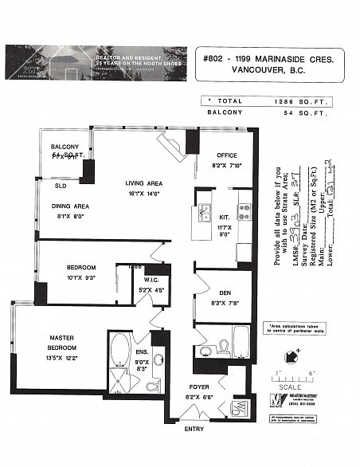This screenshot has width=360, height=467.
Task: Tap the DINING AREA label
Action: pos(70,206)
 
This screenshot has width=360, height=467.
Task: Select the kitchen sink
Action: pos(205,213)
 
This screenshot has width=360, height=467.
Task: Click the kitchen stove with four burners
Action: pos(244,211)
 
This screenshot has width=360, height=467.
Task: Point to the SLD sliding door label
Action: pos(60,186)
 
